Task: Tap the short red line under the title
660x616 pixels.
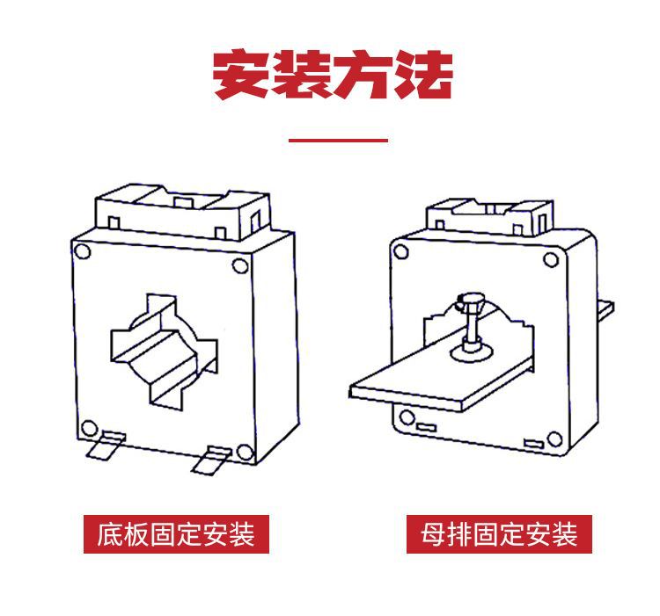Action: (339, 139)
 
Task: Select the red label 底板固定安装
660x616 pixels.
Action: (176, 533)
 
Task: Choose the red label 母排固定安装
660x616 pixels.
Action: (499, 533)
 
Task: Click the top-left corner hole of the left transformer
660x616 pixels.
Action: (82, 251)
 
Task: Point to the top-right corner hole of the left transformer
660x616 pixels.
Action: (239, 266)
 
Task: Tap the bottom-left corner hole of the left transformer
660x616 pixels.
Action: (89, 429)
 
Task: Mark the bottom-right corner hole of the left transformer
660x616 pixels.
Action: (244, 453)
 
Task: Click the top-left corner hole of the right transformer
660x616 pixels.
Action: (401, 252)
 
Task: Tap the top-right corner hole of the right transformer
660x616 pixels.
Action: (552, 258)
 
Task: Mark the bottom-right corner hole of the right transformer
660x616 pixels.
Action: (554, 438)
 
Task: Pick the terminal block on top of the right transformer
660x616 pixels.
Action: (489, 215)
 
